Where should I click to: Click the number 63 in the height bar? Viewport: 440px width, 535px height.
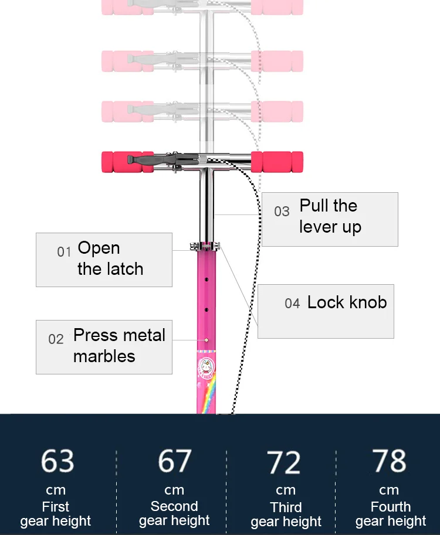click(57, 461)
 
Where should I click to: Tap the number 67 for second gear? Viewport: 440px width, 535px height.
click(174, 461)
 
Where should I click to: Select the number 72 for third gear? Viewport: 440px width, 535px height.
click(285, 462)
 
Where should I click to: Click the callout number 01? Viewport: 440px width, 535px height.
click(64, 252)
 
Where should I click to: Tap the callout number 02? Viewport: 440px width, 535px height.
click(56, 339)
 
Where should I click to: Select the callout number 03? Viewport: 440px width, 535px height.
click(282, 212)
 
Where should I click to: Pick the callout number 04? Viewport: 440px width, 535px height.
click(292, 304)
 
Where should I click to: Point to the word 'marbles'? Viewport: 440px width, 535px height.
click(104, 356)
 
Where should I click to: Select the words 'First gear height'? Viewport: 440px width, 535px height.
click(56, 513)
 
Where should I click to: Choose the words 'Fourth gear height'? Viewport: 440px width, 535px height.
click(391, 513)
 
